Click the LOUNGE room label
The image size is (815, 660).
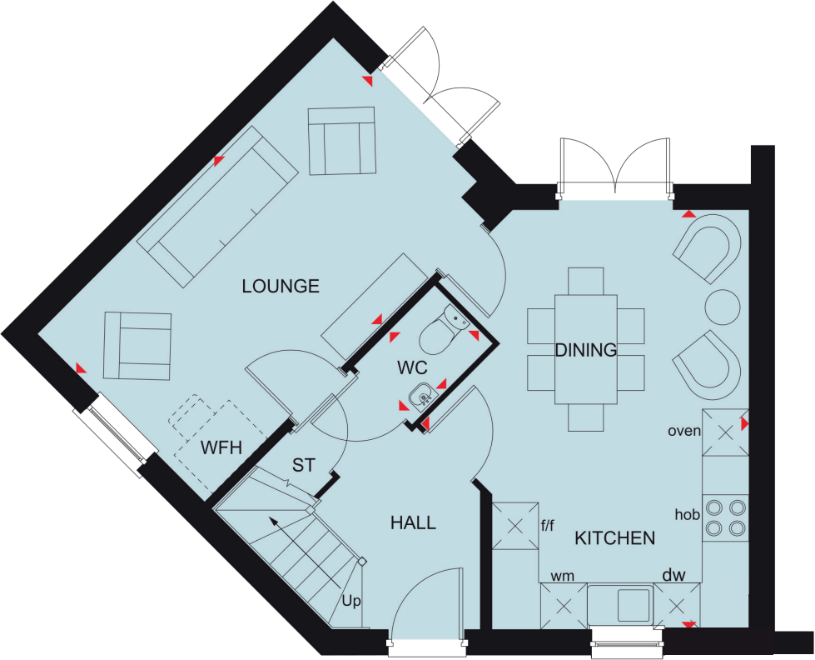[281, 287]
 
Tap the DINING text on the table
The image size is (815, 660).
[586, 350]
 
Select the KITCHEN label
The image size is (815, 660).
[614, 538]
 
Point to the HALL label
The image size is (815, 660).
[413, 523]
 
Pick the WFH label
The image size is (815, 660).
[221, 447]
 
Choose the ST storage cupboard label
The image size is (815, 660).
[304, 465]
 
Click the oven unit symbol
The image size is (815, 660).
[725, 432]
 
